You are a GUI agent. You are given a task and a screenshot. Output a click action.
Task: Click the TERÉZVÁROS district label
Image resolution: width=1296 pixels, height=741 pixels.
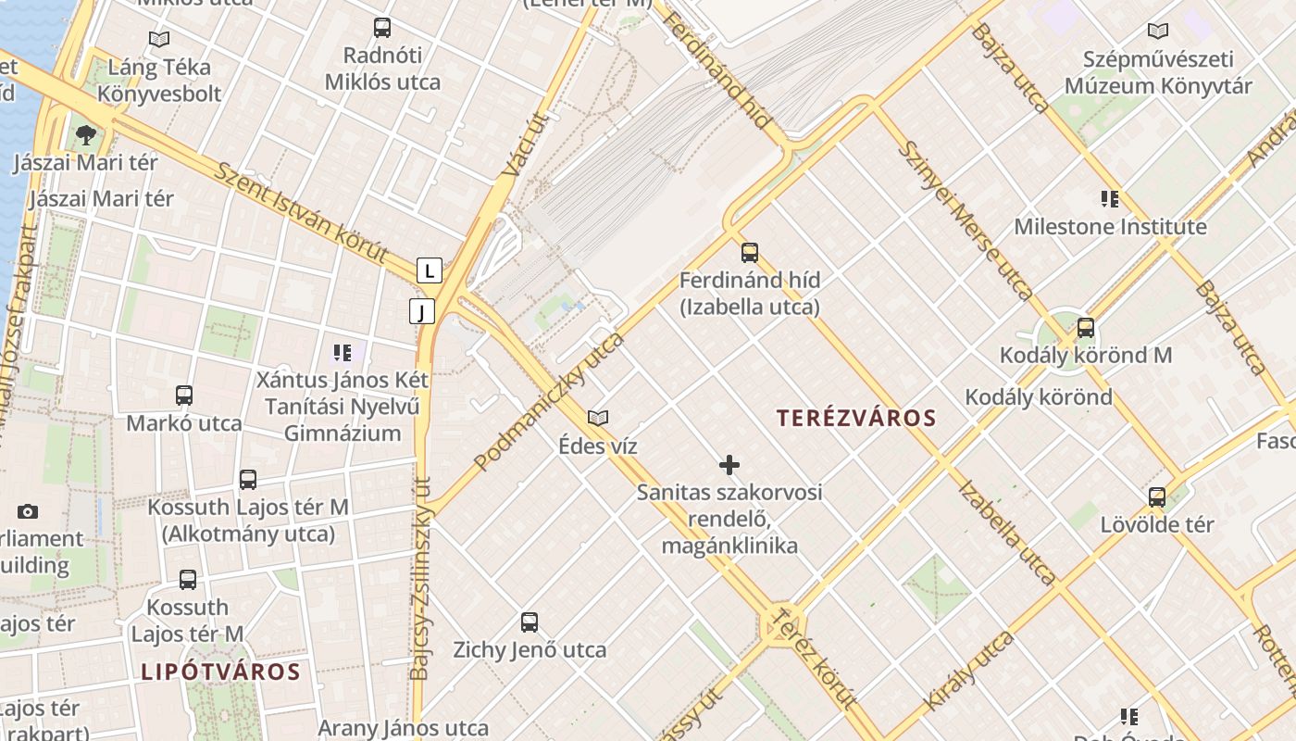click(856, 418)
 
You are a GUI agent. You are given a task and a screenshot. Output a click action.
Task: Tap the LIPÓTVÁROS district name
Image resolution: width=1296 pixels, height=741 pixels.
click(220, 672)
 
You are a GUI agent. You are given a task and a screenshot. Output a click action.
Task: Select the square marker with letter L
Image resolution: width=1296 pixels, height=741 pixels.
click(429, 270)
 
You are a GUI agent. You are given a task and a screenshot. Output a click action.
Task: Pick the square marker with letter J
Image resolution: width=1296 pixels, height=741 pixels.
click(422, 311)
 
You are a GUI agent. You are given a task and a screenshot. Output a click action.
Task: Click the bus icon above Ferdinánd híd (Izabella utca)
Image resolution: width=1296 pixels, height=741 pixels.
click(750, 252)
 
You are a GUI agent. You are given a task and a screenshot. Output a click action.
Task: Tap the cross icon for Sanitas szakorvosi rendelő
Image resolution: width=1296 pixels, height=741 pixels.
click(729, 464)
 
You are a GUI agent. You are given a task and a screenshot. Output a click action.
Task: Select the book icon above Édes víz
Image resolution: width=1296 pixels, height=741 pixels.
click(598, 418)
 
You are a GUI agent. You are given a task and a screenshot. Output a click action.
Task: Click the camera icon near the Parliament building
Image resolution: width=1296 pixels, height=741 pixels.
click(28, 511)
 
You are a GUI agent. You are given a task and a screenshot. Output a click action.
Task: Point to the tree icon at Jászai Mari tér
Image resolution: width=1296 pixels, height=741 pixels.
click(86, 135)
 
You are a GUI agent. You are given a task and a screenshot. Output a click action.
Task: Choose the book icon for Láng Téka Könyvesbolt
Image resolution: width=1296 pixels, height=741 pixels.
click(159, 39)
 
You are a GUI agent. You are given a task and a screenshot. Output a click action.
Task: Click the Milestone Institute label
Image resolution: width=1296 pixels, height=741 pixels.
click(1110, 227)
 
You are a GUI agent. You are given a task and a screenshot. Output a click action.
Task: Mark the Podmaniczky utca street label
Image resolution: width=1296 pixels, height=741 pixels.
click(549, 401)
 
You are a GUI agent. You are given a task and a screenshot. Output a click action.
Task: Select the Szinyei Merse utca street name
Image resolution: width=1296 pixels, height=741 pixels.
click(966, 220)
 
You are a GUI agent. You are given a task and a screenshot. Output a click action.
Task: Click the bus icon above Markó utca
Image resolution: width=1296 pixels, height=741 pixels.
click(184, 396)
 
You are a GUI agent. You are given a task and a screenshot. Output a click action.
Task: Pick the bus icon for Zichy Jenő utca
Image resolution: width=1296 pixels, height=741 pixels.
click(530, 622)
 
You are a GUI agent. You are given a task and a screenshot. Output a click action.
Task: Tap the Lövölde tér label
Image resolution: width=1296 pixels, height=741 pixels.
click(1156, 525)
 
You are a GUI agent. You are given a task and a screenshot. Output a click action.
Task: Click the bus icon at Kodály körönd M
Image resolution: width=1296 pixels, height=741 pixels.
click(1086, 327)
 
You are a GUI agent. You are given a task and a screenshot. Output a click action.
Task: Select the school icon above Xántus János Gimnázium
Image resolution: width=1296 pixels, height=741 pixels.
click(343, 353)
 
